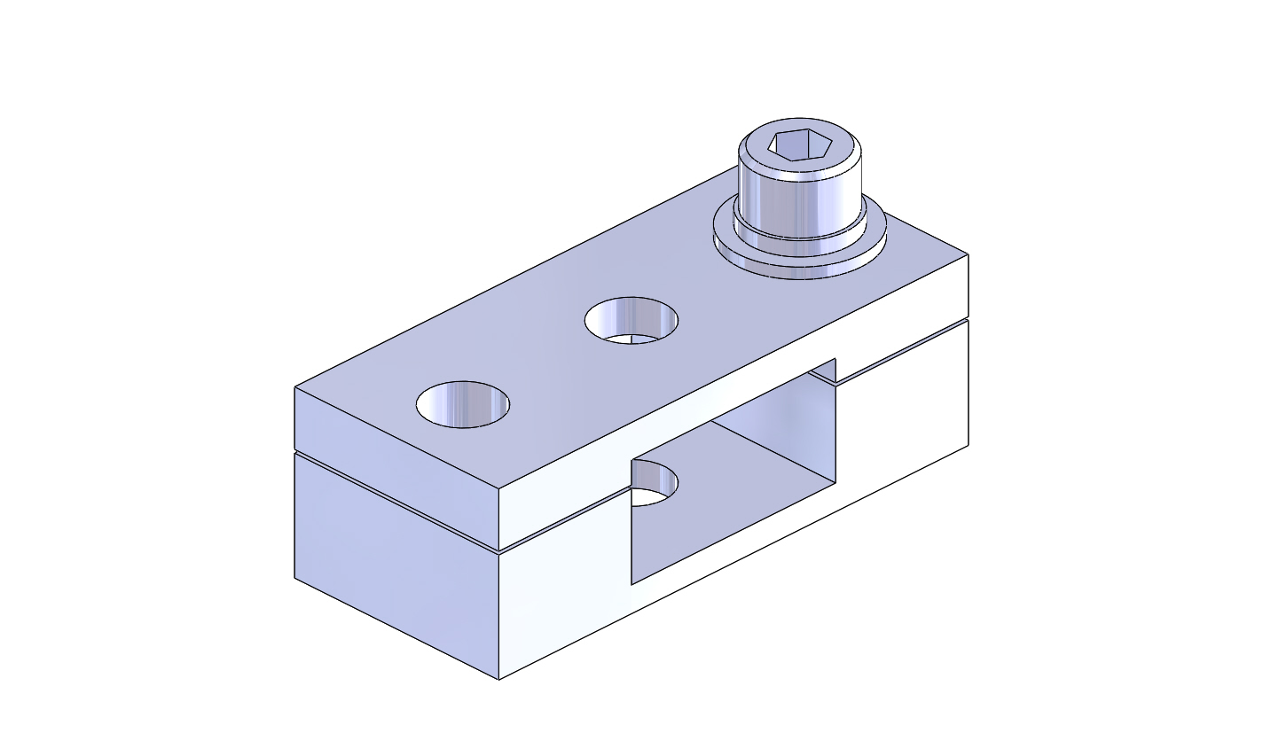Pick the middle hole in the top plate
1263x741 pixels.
pyautogui.click(x=631, y=320)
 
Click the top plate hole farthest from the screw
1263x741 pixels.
pyautogui.click(x=463, y=406)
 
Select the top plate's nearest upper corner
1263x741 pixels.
pyautogui.click(x=499, y=489)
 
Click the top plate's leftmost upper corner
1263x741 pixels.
pyautogui.click(x=295, y=387)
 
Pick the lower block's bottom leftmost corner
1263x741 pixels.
pyautogui.click(x=295, y=579)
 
